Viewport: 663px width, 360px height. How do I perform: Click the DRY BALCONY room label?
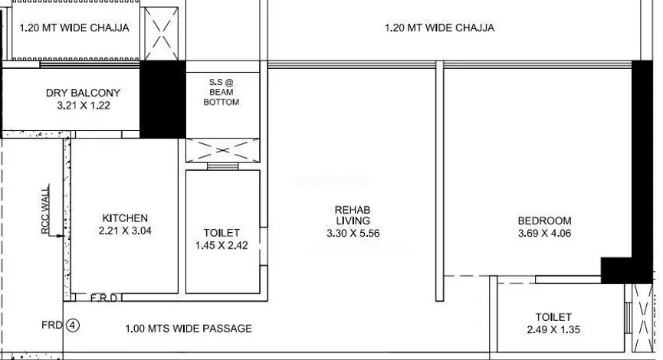point(83,93)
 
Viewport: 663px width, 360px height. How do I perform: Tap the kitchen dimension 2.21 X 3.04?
point(125,231)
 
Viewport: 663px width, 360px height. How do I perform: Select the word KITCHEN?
point(125,218)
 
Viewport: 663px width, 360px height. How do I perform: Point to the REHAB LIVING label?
point(353,215)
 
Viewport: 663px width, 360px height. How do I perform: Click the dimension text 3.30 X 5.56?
point(353,234)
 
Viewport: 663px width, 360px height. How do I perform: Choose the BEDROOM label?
point(545,221)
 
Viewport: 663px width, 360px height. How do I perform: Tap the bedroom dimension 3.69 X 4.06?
point(545,234)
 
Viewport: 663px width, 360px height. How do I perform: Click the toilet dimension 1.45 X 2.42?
point(222,246)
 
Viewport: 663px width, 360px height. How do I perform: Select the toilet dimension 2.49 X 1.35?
point(553,329)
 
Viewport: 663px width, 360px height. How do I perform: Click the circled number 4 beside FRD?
point(73,326)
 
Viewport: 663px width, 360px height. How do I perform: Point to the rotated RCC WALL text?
point(45,209)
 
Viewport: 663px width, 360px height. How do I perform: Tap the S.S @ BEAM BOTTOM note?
point(222,92)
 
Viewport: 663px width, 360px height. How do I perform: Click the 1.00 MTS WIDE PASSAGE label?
point(189,329)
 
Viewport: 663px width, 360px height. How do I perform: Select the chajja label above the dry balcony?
point(74,28)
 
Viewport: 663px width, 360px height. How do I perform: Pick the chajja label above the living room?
point(439,28)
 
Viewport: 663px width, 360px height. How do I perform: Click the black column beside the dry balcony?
point(162,100)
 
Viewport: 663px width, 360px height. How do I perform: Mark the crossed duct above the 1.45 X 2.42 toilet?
point(223,150)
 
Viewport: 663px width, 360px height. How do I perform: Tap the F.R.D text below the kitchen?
point(104,298)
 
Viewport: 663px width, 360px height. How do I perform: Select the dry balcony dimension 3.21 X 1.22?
point(84,105)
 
